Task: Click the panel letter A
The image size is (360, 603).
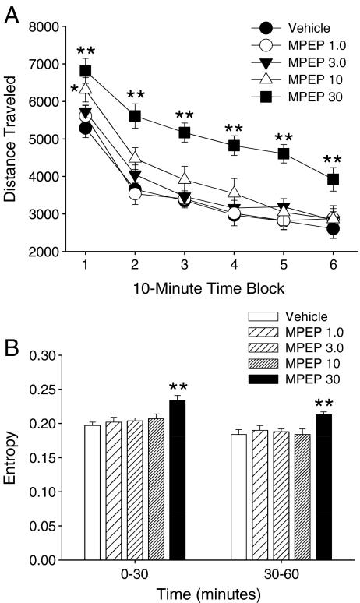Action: pyautogui.click(x=12, y=14)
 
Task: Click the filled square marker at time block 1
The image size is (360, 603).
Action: pyautogui.click(x=86, y=72)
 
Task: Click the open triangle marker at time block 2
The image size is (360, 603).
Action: pyautogui.click(x=135, y=158)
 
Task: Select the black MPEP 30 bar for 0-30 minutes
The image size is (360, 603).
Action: pyautogui.click(x=178, y=480)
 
